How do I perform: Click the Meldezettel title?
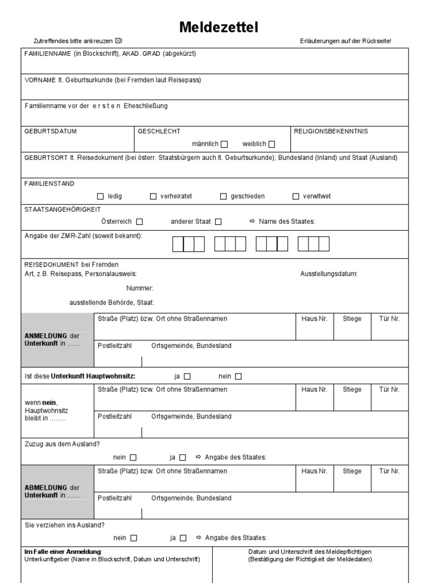(x=218, y=27)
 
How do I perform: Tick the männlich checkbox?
(x=224, y=144)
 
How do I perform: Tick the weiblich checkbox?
(x=271, y=144)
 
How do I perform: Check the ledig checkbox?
(x=101, y=196)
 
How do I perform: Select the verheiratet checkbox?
(x=153, y=196)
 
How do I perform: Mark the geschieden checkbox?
(x=224, y=196)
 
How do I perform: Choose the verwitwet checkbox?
(x=295, y=196)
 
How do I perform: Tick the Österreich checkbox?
(x=139, y=221)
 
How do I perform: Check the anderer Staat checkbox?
(x=218, y=221)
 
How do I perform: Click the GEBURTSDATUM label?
(x=50, y=132)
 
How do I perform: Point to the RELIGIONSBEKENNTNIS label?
(x=331, y=132)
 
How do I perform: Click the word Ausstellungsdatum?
(x=328, y=274)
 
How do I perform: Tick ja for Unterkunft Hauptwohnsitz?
(x=187, y=376)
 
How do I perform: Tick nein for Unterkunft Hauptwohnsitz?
(x=238, y=376)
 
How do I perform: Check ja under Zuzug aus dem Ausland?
(x=183, y=457)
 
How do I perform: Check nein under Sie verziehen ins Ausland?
(x=134, y=538)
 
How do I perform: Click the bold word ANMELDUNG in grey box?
(x=43, y=336)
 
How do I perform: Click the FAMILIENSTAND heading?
(x=49, y=184)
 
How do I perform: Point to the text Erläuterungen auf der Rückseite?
(x=345, y=42)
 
